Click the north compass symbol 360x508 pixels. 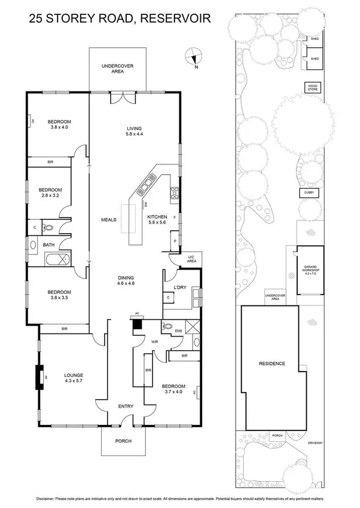coord(192,57)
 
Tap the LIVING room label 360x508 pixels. coord(133,131)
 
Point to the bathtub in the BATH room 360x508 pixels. coord(57,259)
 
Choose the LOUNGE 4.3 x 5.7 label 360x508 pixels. coord(74,379)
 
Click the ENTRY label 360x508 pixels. coord(125,406)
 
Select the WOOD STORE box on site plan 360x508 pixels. coord(313,87)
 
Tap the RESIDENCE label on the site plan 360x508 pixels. coord(271,363)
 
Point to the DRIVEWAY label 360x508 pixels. coord(315,443)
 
